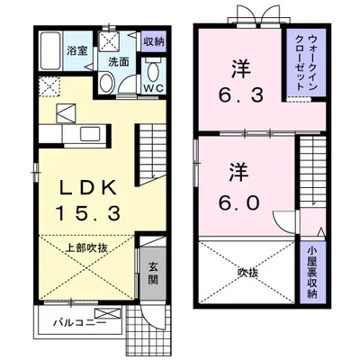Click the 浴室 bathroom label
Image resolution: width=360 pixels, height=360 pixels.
pyautogui.click(x=77, y=50)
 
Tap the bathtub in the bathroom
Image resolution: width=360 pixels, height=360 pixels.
pyautogui.click(x=50, y=50)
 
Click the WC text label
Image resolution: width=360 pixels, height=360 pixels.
pyautogui.click(x=153, y=87)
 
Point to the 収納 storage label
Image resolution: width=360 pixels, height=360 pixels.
pyautogui.click(x=154, y=41)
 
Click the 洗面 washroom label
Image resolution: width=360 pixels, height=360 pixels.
pyautogui.click(x=119, y=62)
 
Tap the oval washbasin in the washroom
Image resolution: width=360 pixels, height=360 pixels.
pyautogui.click(x=106, y=83)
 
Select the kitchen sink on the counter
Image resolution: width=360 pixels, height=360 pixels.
pyautogui.click(x=90, y=133)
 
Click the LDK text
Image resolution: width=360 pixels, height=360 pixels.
pyautogui.click(x=88, y=187)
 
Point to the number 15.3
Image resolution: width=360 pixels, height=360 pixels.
pyautogui.click(x=88, y=213)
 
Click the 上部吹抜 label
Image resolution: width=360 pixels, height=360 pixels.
pyautogui.click(x=86, y=248)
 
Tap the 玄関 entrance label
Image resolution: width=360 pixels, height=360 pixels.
pyautogui.click(x=153, y=273)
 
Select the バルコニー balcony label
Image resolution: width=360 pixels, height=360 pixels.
pyautogui.click(x=79, y=323)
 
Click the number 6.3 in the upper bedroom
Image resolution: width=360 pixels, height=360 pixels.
pyautogui.click(x=241, y=94)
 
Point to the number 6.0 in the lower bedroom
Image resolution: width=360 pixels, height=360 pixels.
pyautogui.click(x=238, y=203)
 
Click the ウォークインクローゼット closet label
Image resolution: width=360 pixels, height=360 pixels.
pyautogui.click(x=305, y=63)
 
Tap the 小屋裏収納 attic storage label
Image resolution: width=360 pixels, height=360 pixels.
pyautogui.click(x=312, y=272)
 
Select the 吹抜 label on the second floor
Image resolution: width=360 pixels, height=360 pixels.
pyautogui.click(x=247, y=273)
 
